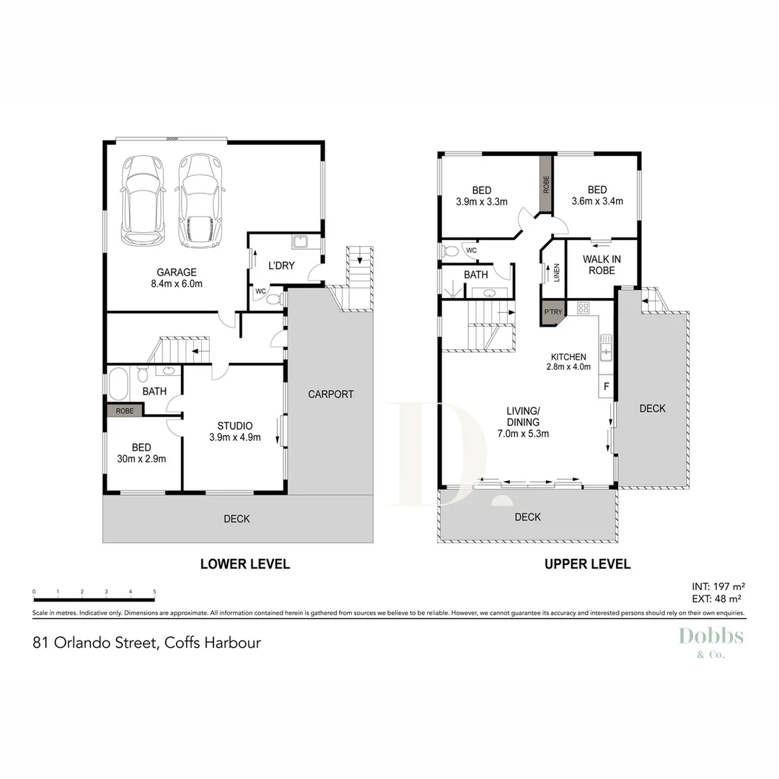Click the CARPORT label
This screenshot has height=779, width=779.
(330, 394)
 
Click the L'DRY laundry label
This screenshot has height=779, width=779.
(281, 265)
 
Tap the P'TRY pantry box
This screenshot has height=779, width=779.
(553, 312)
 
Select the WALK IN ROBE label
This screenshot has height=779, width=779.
(602, 265)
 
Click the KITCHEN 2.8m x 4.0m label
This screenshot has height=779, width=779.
(570, 361)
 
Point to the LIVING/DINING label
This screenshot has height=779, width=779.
(523, 423)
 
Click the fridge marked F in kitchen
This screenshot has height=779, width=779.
(606, 387)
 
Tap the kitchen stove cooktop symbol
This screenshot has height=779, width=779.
(584, 307)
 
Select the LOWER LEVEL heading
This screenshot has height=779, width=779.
(245, 564)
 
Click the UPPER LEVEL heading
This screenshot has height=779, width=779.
(587, 564)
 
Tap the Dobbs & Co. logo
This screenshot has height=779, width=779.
(710, 641)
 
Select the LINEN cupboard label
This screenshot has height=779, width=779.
(556, 272)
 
